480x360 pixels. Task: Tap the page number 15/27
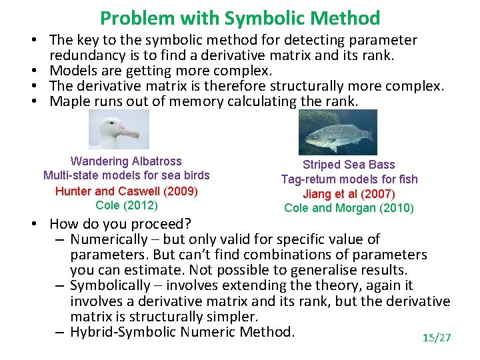click(x=437, y=338)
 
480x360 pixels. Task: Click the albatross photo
click(x=119, y=129)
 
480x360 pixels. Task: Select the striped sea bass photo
click(x=337, y=132)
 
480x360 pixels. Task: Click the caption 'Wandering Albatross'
click(x=126, y=161)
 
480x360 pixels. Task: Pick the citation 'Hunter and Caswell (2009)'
click(x=126, y=191)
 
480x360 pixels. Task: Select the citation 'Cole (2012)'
click(x=126, y=205)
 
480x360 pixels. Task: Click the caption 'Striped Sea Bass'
click(x=349, y=165)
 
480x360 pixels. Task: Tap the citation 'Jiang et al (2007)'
click(x=349, y=194)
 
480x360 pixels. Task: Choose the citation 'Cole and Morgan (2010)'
click(x=349, y=208)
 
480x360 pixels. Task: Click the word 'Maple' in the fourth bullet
click(x=70, y=101)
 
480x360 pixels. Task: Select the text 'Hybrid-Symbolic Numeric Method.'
click(x=182, y=332)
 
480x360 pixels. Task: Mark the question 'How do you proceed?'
click(x=121, y=223)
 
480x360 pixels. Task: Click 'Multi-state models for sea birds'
click(x=126, y=176)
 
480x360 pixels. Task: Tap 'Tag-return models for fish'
click(x=349, y=179)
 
